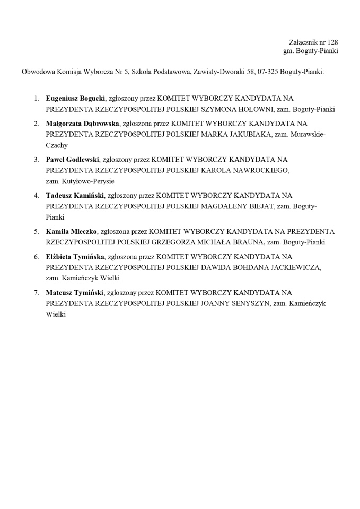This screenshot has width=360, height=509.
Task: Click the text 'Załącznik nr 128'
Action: (313, 42)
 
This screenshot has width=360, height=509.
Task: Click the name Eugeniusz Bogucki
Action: (75, 98)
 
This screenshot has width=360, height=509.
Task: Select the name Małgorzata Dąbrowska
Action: (82, 124)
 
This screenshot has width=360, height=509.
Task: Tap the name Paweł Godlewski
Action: (72, 159)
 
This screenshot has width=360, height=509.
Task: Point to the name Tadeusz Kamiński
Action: (75, 195)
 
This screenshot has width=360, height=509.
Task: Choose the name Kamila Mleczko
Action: (71, 231)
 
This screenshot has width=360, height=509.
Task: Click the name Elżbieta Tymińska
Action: (75, 257)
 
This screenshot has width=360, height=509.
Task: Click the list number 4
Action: (37, 195)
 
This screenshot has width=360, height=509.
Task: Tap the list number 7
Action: (37, 292)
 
